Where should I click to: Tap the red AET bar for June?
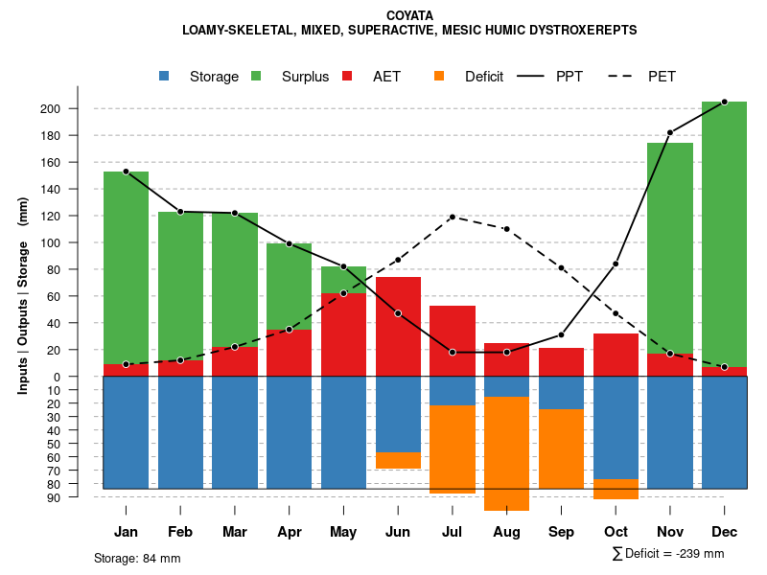[x=398, y=327]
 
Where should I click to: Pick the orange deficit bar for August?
[x=507, y=453]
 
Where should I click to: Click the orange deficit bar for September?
[x=561, y=448]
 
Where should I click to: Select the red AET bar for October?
[x=616, y=355]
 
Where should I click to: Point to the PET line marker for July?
[x=453, y=217]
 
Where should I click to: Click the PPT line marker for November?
[x=670, y=132]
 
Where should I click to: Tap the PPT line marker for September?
[x=562, y=334]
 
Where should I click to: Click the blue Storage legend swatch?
[x=165, y=76]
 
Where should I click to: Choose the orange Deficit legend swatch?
[x=439, y=76]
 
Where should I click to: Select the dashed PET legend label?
[x=662, y=77]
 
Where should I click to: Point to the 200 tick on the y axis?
[x=77, y=108]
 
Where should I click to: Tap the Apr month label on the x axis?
[x=290, y=532]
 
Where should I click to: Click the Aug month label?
[x=507, y=532]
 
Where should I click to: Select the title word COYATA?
[x=409, y=15]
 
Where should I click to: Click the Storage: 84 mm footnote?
[x=137, y=558]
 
